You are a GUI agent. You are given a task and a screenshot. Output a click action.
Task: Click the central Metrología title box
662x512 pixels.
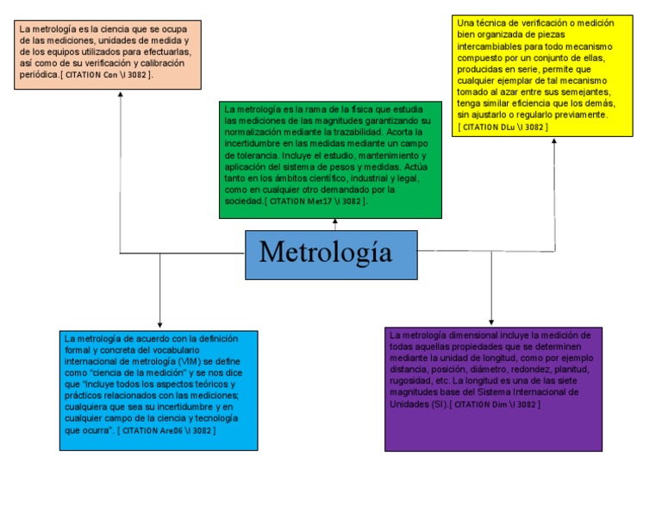(331, 254)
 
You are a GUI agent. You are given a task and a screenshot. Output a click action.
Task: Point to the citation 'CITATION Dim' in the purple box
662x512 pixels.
(495, 403)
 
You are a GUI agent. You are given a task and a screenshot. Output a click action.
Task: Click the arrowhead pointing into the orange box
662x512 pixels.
(121, 93)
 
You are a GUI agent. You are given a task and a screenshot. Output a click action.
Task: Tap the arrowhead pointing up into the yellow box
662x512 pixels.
(555, 140)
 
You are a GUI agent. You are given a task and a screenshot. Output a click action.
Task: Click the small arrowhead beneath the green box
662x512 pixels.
(335, 222)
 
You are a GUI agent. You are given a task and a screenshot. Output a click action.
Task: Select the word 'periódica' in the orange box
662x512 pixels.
(39, 75)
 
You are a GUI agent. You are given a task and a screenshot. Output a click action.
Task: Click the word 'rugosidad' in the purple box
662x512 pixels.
(409, 380)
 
